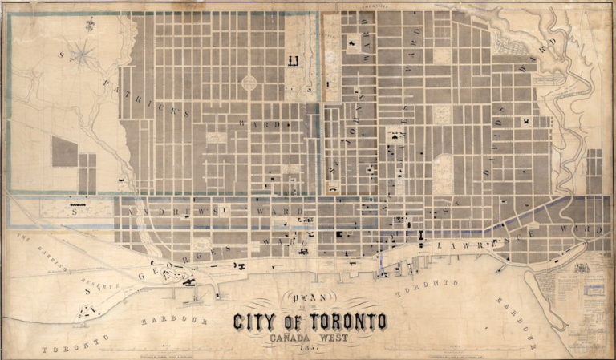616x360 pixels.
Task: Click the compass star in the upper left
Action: click(83, 55)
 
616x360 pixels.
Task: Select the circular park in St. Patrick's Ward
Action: click(249, 82)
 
